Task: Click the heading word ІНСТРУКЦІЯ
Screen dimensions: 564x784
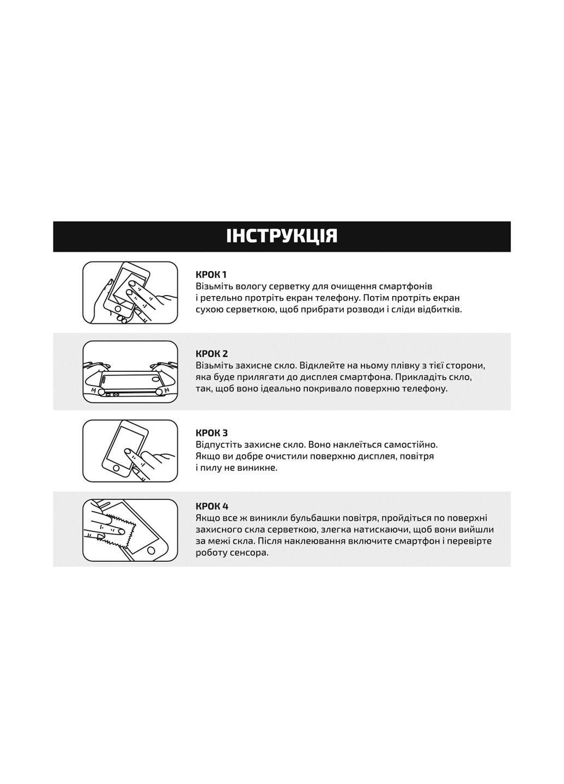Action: click(x=282, y=236)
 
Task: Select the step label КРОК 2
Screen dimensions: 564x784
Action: click(x=212, y=353)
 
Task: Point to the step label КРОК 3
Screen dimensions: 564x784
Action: click(x=212, y=433)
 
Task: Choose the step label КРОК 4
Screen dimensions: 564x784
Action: click(x=212, y=506)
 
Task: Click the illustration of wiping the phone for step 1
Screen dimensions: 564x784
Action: click(x=130, y=292)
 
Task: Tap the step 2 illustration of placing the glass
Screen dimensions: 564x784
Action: click(x=130, y=372)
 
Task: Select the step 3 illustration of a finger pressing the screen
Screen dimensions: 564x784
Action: click(x=130, y=451)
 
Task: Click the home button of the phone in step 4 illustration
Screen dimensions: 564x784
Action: click(x=151, y=550)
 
